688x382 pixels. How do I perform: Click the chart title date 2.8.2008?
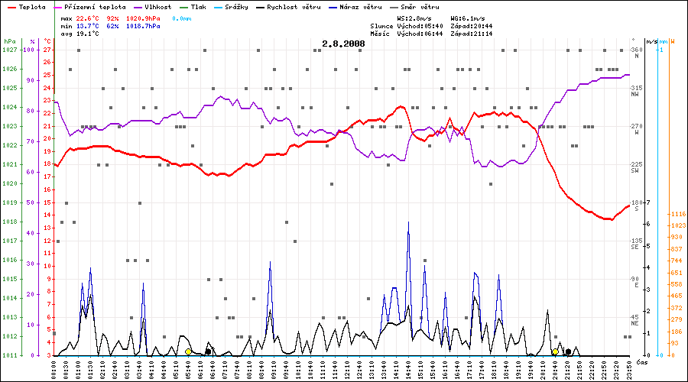tap(343, 44)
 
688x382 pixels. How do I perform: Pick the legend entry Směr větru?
tap(421, 6)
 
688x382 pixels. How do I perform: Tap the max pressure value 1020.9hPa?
tap(144, 17)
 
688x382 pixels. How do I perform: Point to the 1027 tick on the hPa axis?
tap(10, 50)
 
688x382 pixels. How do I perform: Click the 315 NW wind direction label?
tap(635, 91)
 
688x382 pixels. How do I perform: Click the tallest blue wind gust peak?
tap(409, 222)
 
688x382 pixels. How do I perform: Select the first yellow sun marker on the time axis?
tap(188, 351)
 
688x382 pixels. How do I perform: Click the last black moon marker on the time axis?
tap(568, 351)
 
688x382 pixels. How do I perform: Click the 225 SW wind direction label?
tap(635, 167)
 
